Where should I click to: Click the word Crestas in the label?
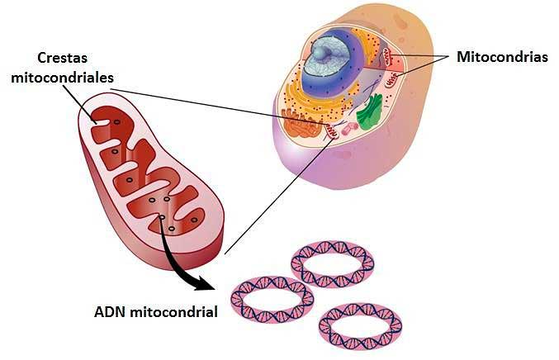[x=64, y=58]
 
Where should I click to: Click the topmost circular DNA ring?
[x=332, y=263]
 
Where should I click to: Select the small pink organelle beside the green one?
[x=352, y=128]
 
